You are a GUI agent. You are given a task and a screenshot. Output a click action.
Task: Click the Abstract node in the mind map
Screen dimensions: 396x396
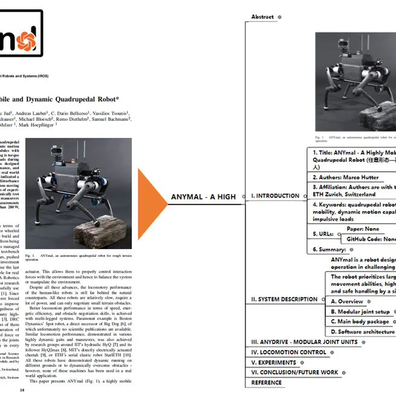pos(262,17)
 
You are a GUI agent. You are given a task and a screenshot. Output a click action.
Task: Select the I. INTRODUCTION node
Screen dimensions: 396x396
pos(275,196)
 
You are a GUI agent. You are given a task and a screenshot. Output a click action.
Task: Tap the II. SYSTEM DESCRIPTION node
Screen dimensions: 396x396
pos(284,299)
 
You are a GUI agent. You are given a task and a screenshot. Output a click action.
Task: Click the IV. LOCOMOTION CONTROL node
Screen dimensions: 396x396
pos(288,352)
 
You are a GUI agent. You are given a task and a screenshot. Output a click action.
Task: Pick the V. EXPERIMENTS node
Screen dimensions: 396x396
pos(274,362)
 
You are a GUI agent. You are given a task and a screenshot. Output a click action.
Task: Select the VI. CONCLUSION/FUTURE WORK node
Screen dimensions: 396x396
pos(295,372)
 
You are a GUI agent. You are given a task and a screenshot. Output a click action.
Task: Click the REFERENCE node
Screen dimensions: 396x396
pos(267,383)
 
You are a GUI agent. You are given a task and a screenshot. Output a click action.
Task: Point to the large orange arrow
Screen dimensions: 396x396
pos(151,196)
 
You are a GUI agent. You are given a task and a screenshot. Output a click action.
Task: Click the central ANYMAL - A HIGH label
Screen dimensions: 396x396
pos(203,196)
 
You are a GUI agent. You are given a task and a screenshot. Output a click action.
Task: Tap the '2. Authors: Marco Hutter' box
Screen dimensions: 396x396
pos(345,177)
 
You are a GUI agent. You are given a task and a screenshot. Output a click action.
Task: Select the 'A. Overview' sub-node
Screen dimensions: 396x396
pos(347,301)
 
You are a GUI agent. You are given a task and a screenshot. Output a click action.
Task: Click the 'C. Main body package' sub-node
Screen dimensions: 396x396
pos(360,322)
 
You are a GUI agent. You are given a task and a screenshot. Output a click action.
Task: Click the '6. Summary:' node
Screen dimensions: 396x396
pos(329,249)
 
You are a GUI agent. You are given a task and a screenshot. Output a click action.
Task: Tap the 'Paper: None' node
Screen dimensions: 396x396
pos(363,229)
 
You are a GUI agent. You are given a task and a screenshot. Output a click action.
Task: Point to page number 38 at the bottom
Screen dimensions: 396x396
pos(23,391)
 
